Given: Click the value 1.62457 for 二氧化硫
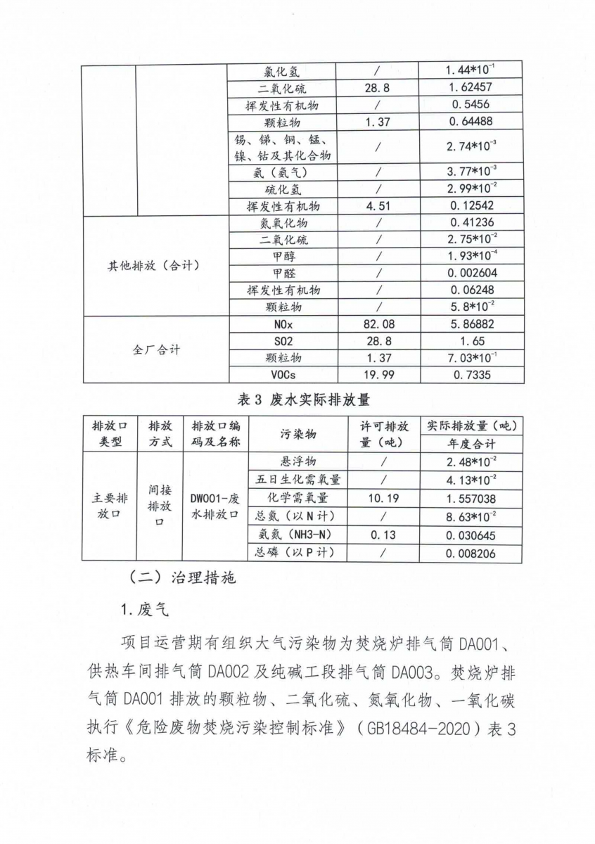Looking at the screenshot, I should click(x=471, y=88).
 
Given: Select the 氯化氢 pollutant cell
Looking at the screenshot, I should click(x=281, y=71).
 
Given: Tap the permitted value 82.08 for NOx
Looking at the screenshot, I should click(x=378, y=325).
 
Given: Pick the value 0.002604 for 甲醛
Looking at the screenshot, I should click(x=471, y=274).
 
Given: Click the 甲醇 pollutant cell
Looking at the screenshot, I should click(x=281, y=257).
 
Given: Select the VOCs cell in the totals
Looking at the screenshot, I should click(x=281, y=375).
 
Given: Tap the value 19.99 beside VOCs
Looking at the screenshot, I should click(x=378, y=375).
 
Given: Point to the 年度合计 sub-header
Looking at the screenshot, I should click(x=471, y=445).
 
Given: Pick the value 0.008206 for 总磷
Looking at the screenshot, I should click(x=471, y=554).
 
